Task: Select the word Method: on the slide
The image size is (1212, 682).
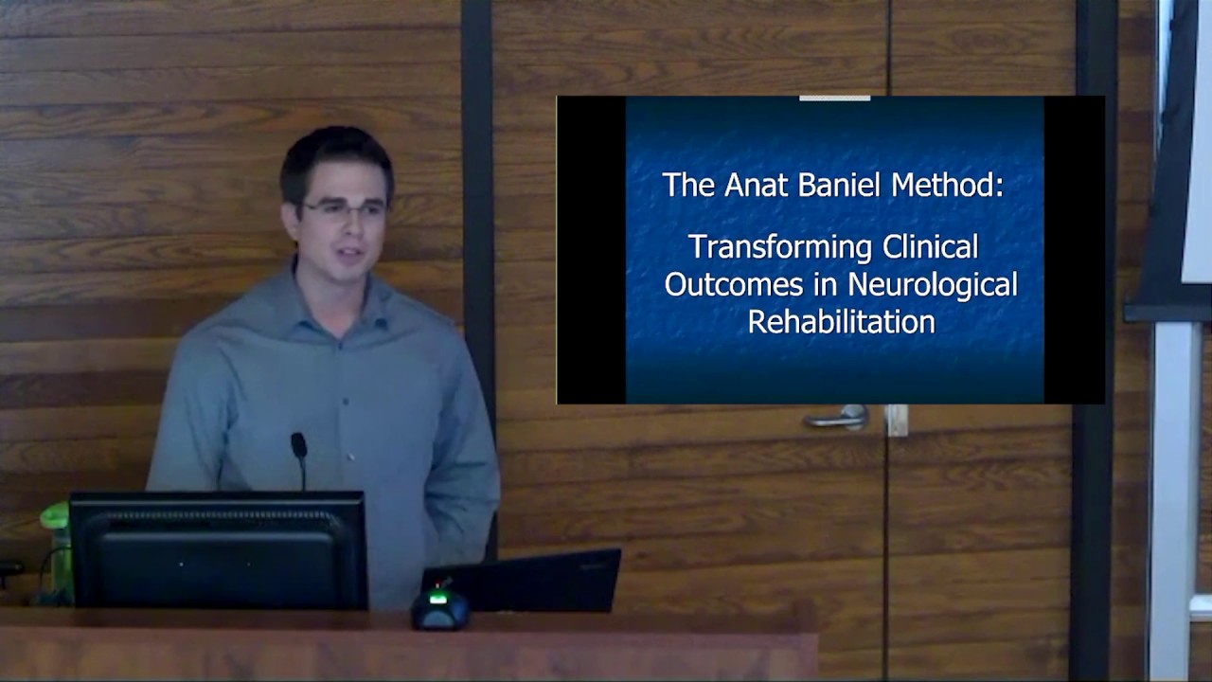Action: coord(947,185)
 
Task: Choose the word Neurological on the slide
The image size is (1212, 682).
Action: coord(932,284)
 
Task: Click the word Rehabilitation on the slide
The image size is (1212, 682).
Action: coord(841,321)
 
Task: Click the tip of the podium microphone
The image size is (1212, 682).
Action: coord(298,442)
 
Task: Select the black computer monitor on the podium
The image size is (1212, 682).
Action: coord(218,549)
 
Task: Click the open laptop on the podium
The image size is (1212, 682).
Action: coord(526,580)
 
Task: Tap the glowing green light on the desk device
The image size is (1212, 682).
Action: coord(438,598)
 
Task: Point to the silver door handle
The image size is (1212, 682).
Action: coord(838,417)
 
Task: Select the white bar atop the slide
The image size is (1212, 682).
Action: coord(834,97)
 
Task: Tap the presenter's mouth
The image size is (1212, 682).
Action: coord(348,254)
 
